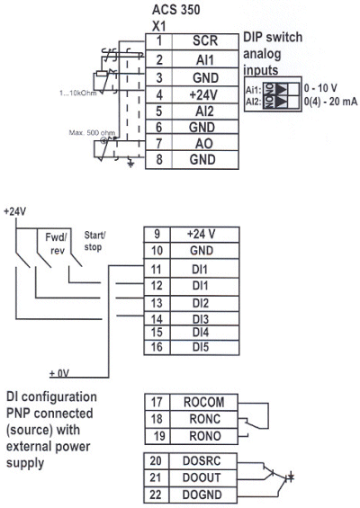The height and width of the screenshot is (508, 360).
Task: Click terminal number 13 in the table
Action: (x=155, y=301)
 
